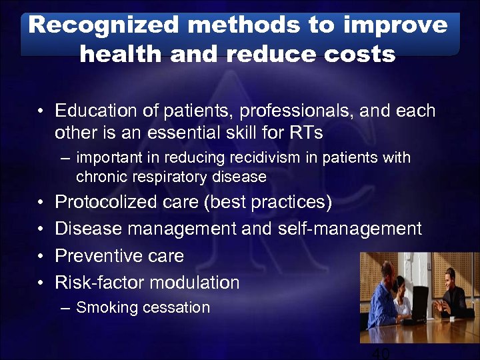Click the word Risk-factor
pos(99,283)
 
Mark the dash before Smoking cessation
pos(64,308)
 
